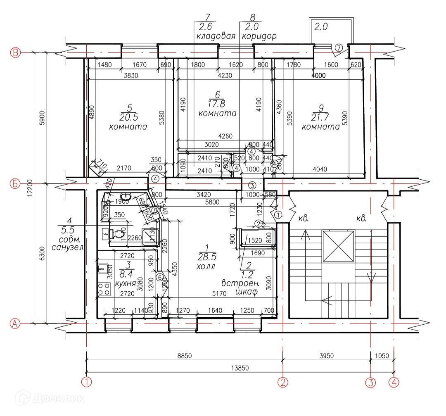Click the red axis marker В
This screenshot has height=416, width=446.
pyautogui.click(x=15, y=53)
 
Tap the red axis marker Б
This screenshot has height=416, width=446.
pyautogui.click(x=15, y=184)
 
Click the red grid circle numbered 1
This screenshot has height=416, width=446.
pyautogui.click(x=86, y=382)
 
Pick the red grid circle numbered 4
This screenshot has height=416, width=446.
pyautogui.click(x=394, y=382)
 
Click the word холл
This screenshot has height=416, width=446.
pyautogui.click(x=206, y=266)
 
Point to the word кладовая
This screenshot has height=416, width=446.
pyautogui.click(x=215, y=36)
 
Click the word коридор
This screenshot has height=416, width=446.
pyautogui.click(x=259, y=36)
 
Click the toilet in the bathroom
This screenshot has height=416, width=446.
pyautogui.click(x=119, y=234)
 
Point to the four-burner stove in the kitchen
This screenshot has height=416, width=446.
pyautogui.click(x=103, y=289)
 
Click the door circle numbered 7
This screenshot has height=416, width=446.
pyautogui.click(x=338, y=48)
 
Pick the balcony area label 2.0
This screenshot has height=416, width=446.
pyautogui.click(x=321, y=27)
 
